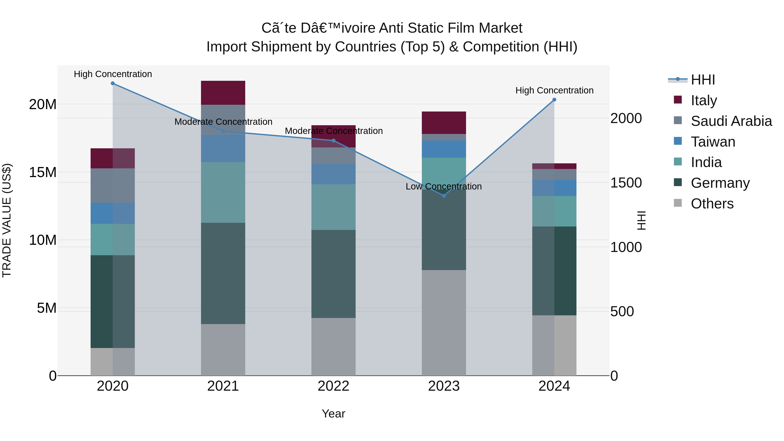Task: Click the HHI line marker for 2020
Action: pyautogui.click(x=113, y=83)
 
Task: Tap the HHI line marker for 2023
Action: pyautogui.click(x=444, y=196)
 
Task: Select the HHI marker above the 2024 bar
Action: pyautogui.click(x=554, y=100)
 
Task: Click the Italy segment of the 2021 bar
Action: pyautogui.click(x=223, y=93)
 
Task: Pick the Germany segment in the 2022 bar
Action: pyautogui.click(x=333, y=274)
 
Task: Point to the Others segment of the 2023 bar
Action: pyautogui.click(x=444, y=323)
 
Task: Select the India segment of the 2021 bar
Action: pyautogui.click(x=223, y=192)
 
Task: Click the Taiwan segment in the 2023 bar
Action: pyautogui.click(x=444, y=149)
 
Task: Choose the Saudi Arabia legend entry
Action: pyautogui.click(x=731, y=121)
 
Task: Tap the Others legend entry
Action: pyautogui.click(x=712, y=204)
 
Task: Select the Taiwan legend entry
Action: pyautogui.click(x=713, y=142)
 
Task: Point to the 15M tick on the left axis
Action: pyautogui.click(x=43, y=172)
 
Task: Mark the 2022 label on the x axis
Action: pyautogui.click(x=333, y=386)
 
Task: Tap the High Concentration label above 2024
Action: pyautogui.click(x=554, y=90)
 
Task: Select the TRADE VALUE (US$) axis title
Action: pyautogui.click(x=7, y=220)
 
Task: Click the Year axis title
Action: pyautogui.click(x=333, y=414)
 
